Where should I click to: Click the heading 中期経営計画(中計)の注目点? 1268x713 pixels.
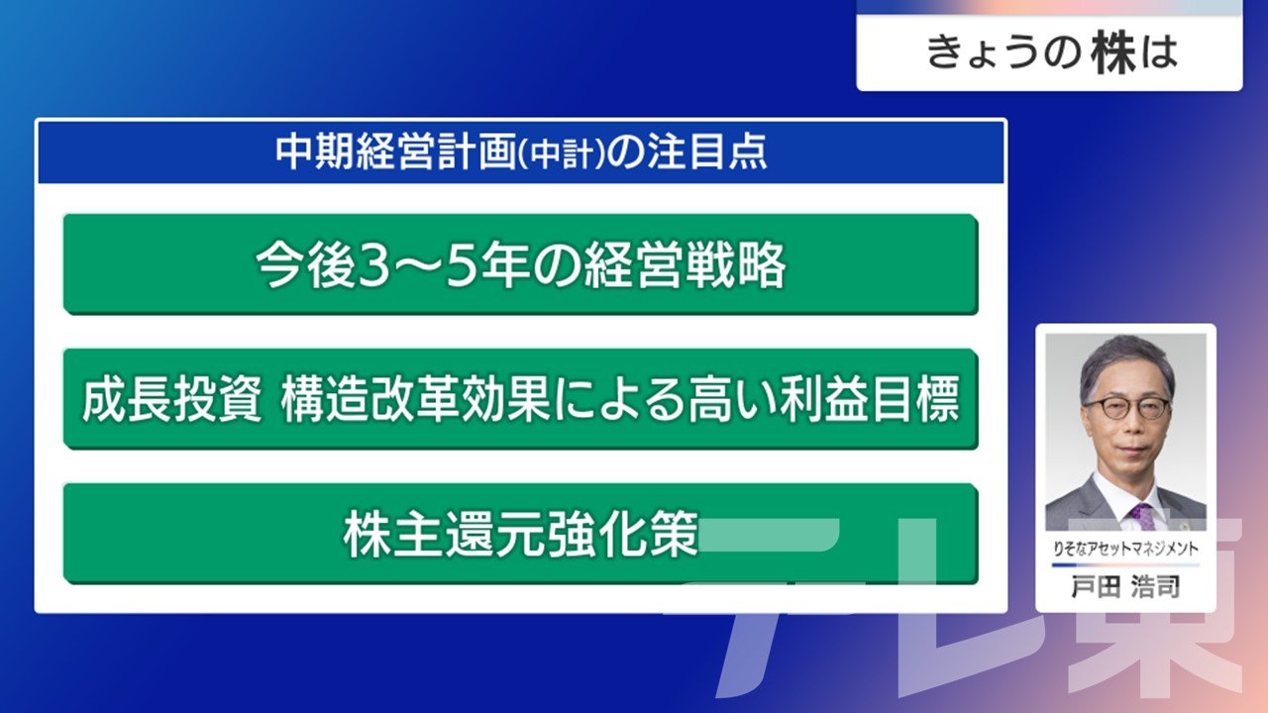coord(521,152)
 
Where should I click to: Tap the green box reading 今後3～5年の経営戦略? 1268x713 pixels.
coord(521,263)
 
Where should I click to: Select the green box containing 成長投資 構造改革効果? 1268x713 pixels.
coord(521,398)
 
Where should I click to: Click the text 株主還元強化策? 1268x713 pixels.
coord(521,534)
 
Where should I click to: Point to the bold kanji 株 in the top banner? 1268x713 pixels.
coord(1113,52)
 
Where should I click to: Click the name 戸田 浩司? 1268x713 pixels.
coord(1125,586)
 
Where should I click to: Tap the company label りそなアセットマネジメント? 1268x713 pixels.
coord(1125,549)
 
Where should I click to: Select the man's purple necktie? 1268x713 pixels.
coord(1142,516)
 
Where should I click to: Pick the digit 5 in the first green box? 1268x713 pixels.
coord(461,265)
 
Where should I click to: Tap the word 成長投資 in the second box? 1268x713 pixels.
coord(172,399)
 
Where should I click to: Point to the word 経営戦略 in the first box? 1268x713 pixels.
coord(685,264)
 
